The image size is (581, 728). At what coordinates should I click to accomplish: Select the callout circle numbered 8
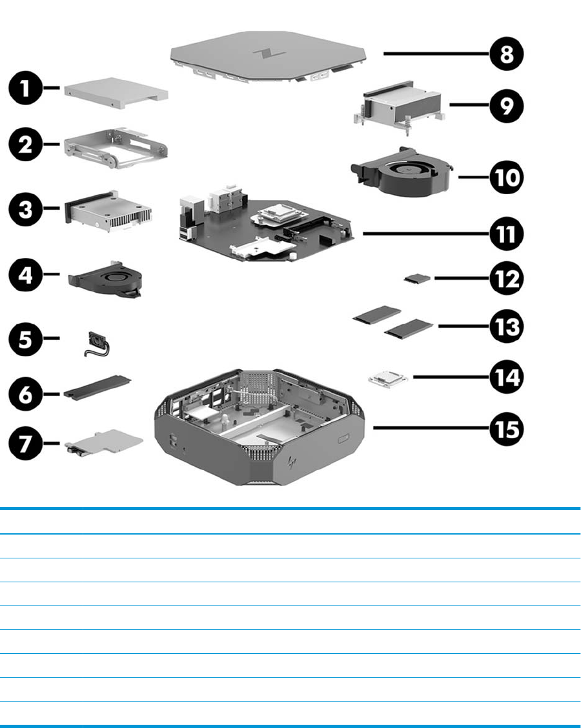(505, 54)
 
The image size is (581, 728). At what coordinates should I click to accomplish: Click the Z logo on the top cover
(263, 52)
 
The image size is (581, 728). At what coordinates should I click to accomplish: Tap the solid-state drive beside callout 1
(116, 95)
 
